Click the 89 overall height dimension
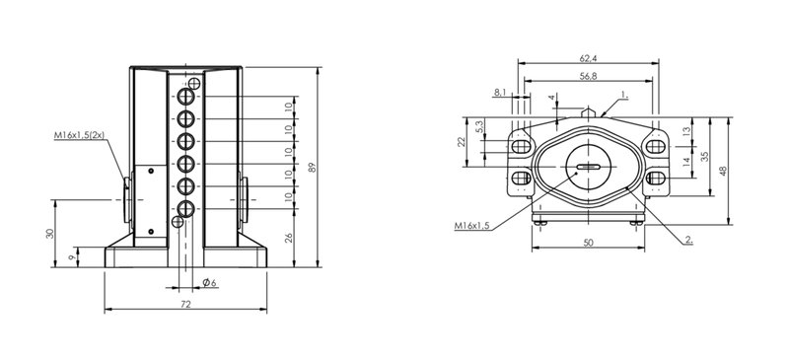click(312, 167)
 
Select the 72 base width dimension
click(185, 304)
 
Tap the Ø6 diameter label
click(209, 283)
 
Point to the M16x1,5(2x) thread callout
click(79, 135)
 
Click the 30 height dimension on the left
click(50, 234)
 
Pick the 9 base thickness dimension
click(71, 256)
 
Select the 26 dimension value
click(289, 238)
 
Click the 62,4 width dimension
click(588, 59)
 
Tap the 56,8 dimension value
click(588, 76)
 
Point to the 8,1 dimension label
click(500, 92)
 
